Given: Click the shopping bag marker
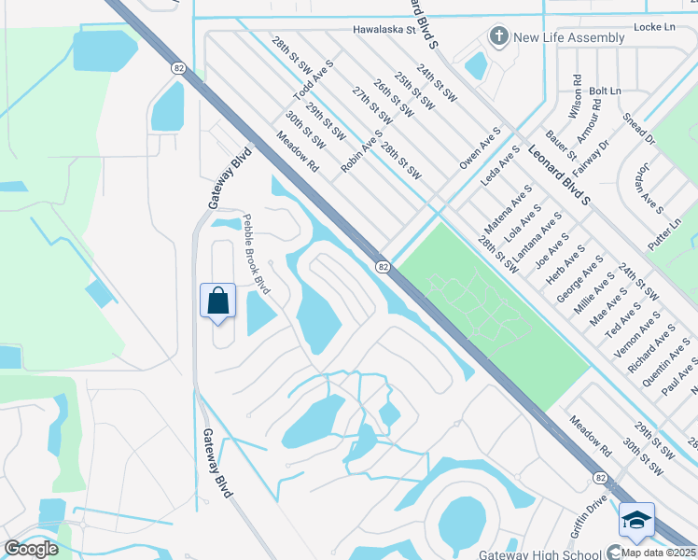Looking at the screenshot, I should pyautogui.click(x=217, y=301).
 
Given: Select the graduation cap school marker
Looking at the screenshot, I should pyautogui.click(x=635, y=521).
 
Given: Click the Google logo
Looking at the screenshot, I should pyautogui.click(x=32, y=549).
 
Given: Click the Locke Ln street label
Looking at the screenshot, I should pyautogui.click(x=654, y=29).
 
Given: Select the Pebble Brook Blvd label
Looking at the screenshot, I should pyautogui.click(x=257, y=254).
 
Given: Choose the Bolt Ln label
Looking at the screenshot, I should pyautogui.click(x=605, y=91).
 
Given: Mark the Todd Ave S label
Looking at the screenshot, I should pyautogui.click(x=314, y=82).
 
